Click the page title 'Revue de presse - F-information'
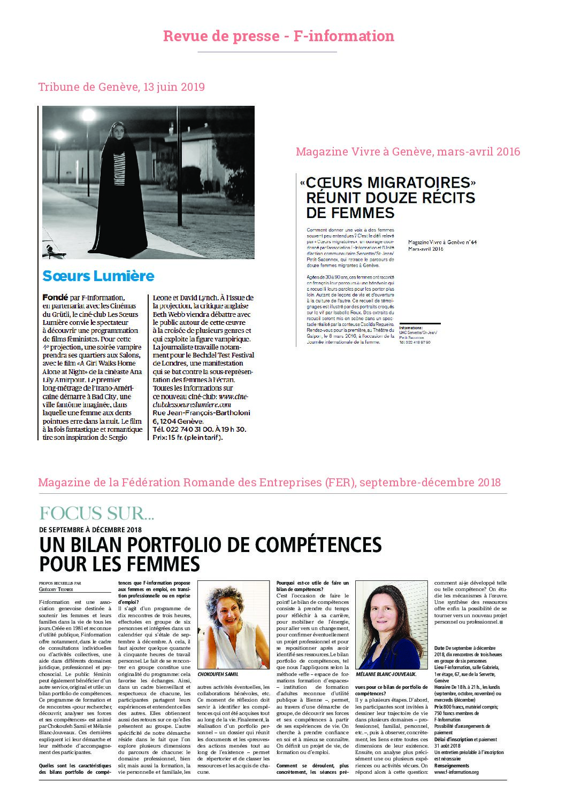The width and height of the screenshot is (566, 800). pyautogui.click(x=278, y=36)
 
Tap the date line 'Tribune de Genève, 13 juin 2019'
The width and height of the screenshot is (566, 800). pyautogui.click(x=121, y=87)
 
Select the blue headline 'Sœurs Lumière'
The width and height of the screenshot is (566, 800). pyautogui.click(x=98, y=276)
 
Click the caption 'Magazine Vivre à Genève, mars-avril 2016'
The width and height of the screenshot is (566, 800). pyautogui.click(x=408, y=151)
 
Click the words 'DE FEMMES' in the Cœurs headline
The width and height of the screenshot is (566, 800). pyautogui.click(x=350, y=213)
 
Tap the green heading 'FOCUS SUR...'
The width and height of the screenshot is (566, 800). pyautogui.click(x=97, y=514)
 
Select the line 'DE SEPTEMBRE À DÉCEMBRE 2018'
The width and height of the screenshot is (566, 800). pyautogui.click(x=90, y=530)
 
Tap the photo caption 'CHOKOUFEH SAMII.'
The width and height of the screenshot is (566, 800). pyautogui.click(x=218, y=674)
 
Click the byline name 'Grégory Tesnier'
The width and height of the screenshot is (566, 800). pyautogui.click(x=56, y=589)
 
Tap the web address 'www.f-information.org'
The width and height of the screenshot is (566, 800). pyautogui.click(x=456, y=772)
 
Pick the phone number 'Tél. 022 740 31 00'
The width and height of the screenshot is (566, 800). pyautogui.click(x=183, y=429)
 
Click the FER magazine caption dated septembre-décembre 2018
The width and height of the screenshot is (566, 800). pyautogui.click(x=269, y=483)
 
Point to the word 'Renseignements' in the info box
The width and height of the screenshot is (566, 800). pyautogui.click(x=452, y=765)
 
